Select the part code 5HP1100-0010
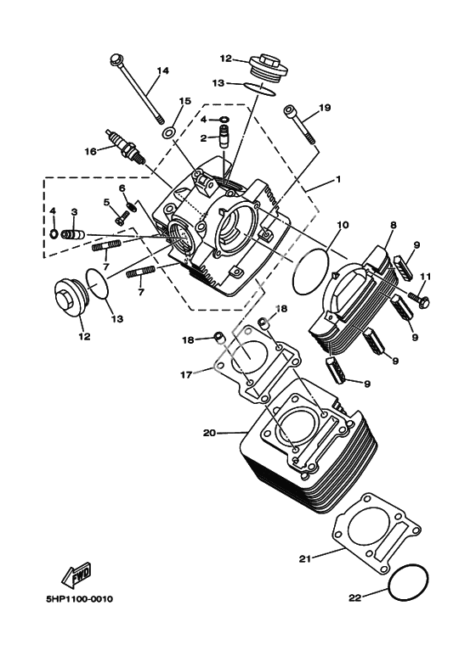(x=79, y=599)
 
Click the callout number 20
(x=209, y=433)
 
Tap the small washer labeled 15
(x=169, y=133)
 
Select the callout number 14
(x=163, y=70)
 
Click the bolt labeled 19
(x=300, y=124)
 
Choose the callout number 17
(x=186, y=374)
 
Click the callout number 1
(x=337, y=179)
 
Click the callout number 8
(x=393, y=225)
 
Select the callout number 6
(x=122, y=188)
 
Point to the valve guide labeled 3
(x=73, y=234)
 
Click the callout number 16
(x=90, y=151)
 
